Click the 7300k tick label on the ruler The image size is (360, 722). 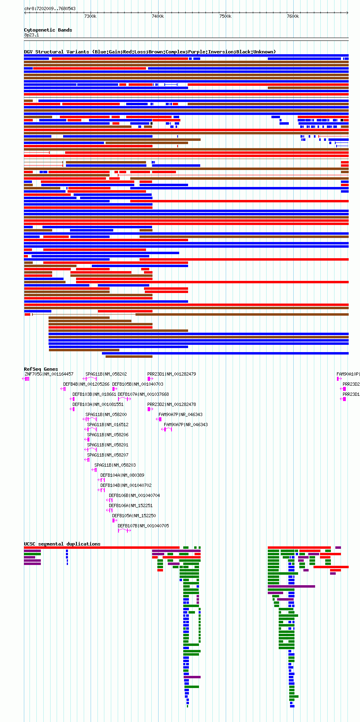[x=90, y=16]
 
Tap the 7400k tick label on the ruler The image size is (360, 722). [x=158, y=16]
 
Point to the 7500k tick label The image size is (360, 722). [x=225, y=16]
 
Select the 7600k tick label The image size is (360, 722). [x=293, y=16]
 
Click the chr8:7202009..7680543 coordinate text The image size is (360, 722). [x=50, y=8]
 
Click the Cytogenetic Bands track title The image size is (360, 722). [x=48, y=30]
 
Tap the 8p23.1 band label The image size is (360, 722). [x=32, y=35]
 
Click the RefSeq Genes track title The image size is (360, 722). [x=41, y=369]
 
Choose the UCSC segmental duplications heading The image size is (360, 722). [x=62, y=544]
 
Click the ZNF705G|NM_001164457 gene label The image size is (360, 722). [x=49, y=374]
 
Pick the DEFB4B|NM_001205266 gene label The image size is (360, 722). [x=86, y=384]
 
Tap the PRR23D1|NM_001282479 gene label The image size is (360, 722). [x=172, y=374]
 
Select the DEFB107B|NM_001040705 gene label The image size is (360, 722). [x=143, y=526]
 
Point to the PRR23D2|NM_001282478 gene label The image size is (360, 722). [x=172, y=404]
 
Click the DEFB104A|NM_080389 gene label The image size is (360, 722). [x=122, y=475]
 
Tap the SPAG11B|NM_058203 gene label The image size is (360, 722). [x=115, y=465]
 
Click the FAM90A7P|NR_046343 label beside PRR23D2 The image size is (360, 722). [x=180, y=414]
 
